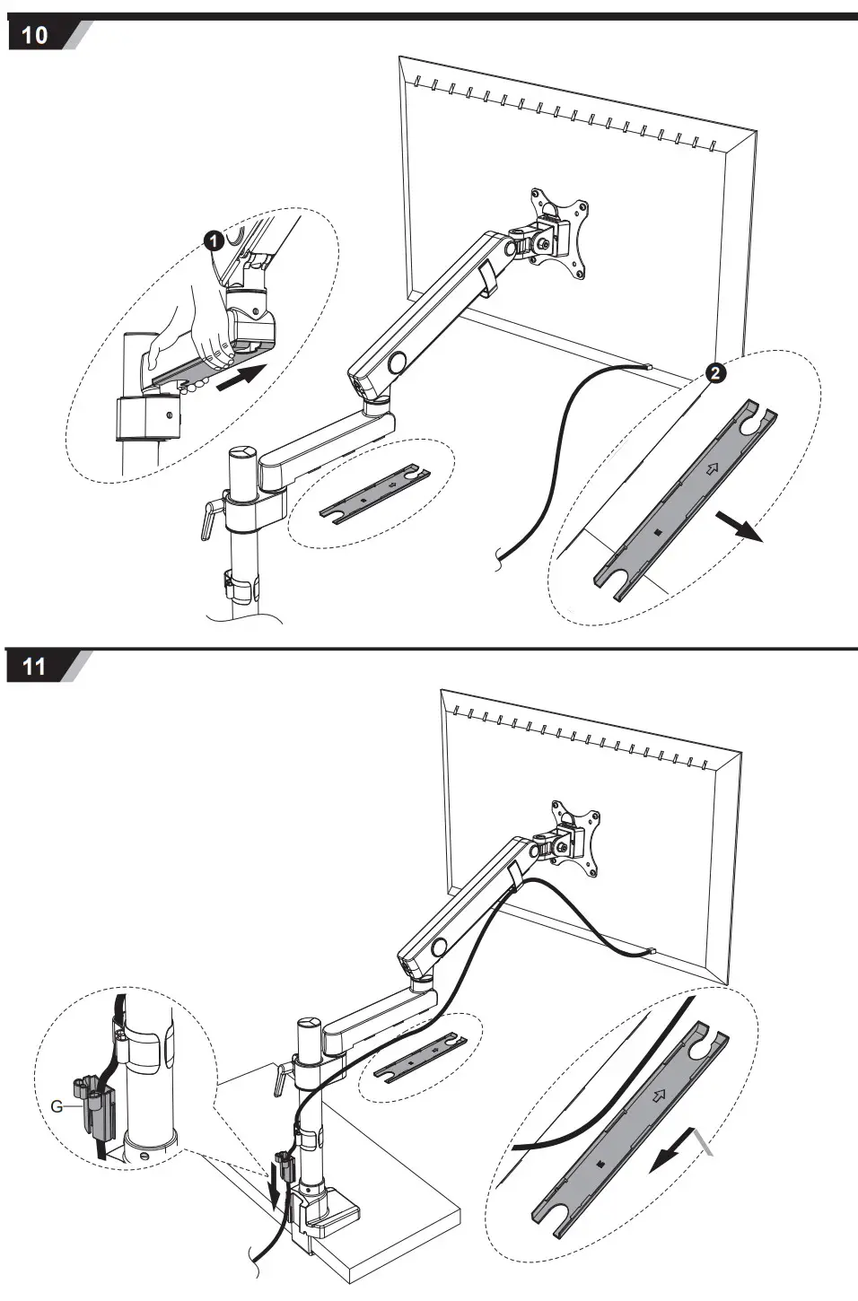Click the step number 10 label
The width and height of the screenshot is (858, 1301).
(x=35, y=36)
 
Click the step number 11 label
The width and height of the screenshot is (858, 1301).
(x=35, y=667)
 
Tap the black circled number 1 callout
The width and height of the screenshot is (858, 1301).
(x=213, y=240)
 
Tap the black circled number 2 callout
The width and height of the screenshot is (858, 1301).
(x=715, y=372)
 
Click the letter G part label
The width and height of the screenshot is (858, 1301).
(x=57, y=1105)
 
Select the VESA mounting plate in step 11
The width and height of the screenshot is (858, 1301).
(x=578, y=835)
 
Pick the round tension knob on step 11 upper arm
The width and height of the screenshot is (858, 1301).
(x=440, y=947)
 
